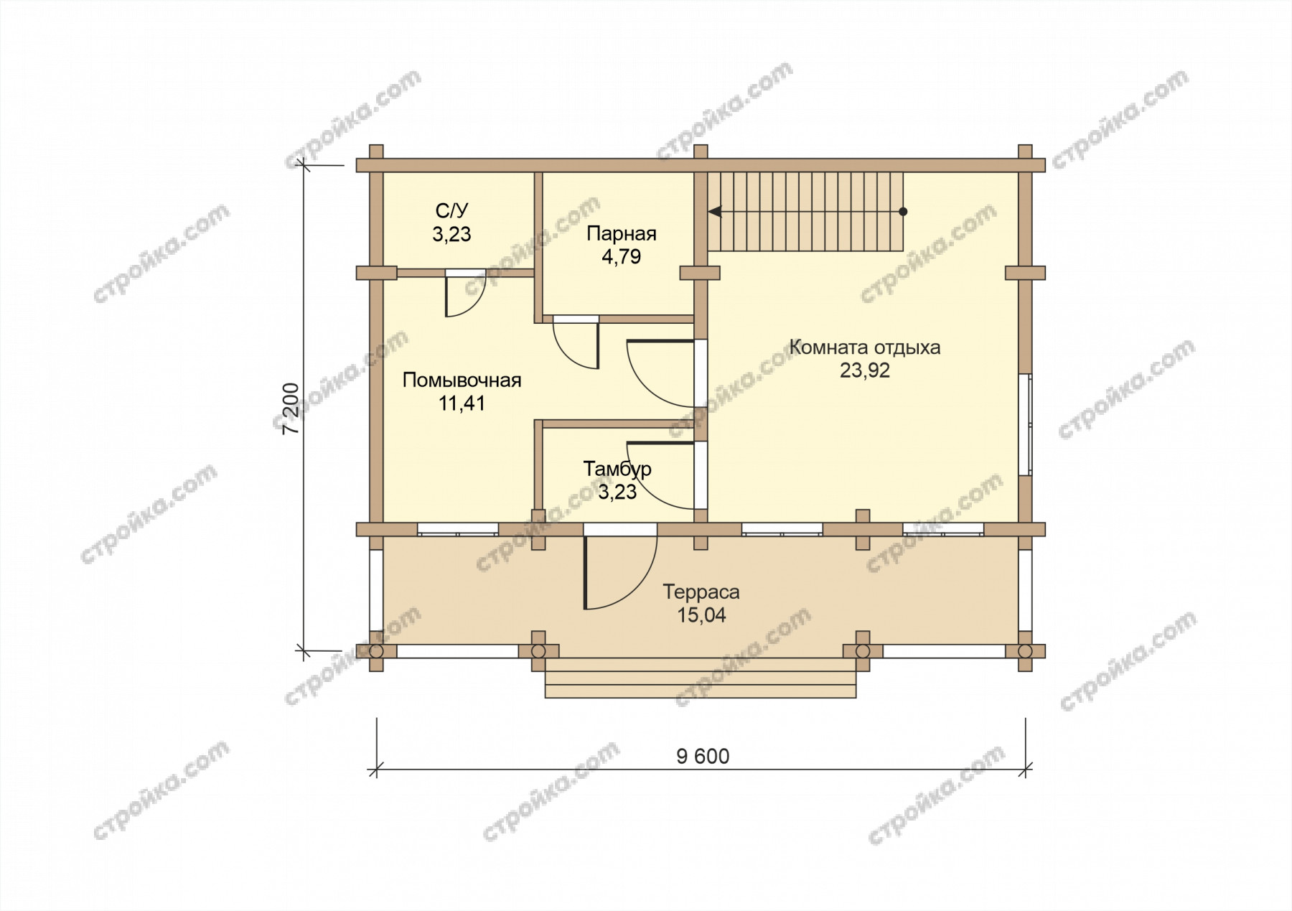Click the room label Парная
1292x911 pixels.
(x=621, y=234)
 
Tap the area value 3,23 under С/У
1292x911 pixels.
(x=451, y=234)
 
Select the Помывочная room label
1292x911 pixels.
(x=462, y=380)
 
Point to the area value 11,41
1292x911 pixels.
(x=462, y=403)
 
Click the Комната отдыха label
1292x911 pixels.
(x=865, y=348)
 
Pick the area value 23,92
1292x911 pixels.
(x=865, y=370)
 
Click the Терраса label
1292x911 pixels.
(x=701, y=592)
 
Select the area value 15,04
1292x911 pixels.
(x=701, y=615)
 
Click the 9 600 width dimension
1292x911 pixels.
(x=703, y=757)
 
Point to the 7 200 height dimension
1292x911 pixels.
(x=290, y=409)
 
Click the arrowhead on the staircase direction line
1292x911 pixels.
(x=715, y=212)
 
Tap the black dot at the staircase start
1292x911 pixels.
(x=903, y=212)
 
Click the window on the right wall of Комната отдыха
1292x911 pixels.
(x=1025, y=424)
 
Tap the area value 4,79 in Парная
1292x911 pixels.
(x=621, y=257)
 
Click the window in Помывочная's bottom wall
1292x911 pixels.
(x=458, y=530)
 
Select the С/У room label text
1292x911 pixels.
(x=451, y=211)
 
